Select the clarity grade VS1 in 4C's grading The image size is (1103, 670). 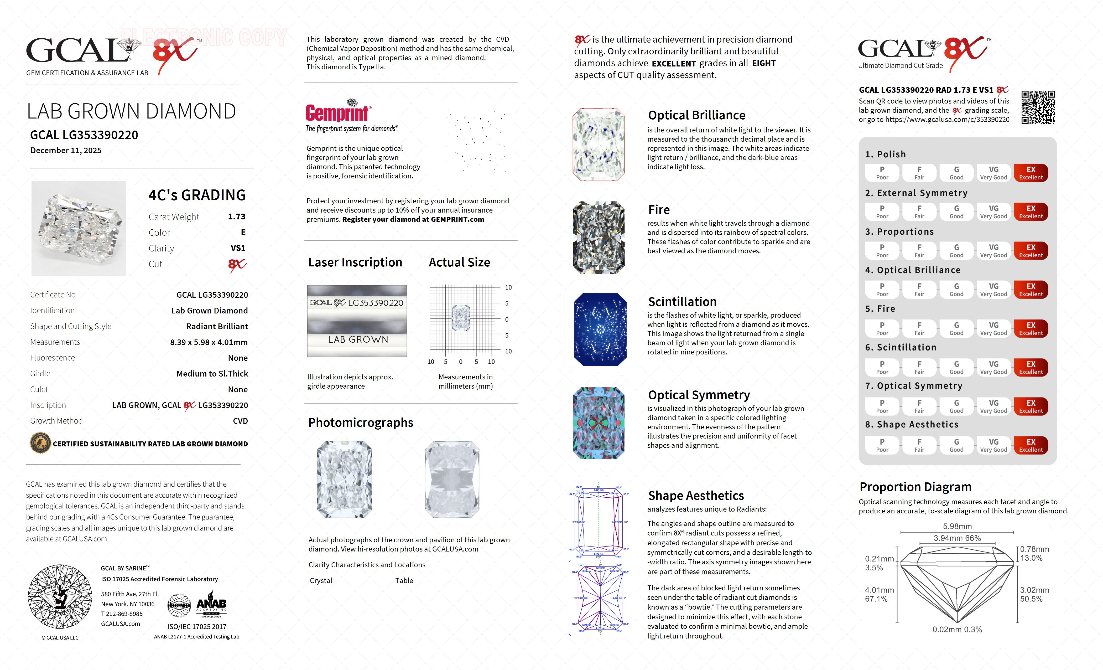click(x=238, y=248)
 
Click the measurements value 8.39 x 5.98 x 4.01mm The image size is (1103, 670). click(x=209, y=342)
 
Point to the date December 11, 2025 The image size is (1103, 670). click(x=66, y=151)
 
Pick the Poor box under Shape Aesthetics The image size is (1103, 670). click(x=882, y=445)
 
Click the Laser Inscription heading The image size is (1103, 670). click(x=355, y=262)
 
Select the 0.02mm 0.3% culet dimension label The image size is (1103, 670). click(x=957, y=630)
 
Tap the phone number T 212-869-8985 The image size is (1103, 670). click(x=122, y=614)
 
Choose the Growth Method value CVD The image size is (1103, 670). click(x=240, y=421)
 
